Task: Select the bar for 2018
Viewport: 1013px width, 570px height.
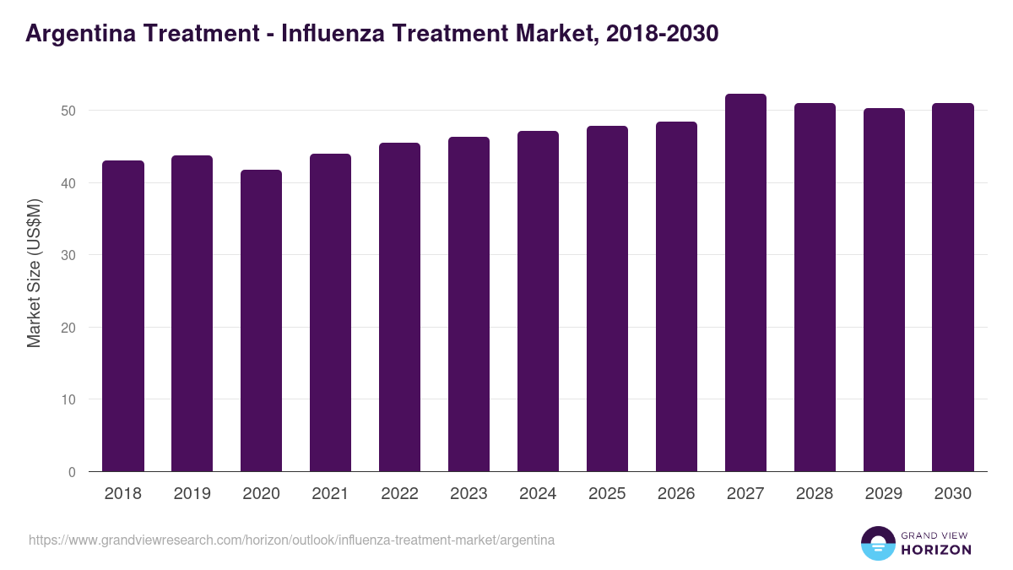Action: (123, 317)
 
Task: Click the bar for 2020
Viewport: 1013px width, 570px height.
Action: (262, 321)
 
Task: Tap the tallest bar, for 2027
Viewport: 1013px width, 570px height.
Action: (745, 283)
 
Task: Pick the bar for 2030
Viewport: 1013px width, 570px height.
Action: (953, 287)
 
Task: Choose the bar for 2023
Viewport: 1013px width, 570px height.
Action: (469, 304)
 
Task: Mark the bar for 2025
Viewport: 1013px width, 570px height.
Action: (607, 299)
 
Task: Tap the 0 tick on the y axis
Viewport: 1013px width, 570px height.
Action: (73, 472)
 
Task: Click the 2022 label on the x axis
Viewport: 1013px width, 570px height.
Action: (399, 494)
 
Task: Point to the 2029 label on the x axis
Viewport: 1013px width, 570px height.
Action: (884, 494)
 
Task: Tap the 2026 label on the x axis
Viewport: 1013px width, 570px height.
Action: (676, 494)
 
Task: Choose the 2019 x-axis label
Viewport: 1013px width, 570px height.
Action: (192, 494)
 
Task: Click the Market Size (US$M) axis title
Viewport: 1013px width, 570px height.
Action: (34, 272)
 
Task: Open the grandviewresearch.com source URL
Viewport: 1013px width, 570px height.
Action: (291, 540)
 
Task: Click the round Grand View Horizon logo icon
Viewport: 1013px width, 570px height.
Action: (878, 543)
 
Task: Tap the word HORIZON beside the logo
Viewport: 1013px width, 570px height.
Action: (936, 550)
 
